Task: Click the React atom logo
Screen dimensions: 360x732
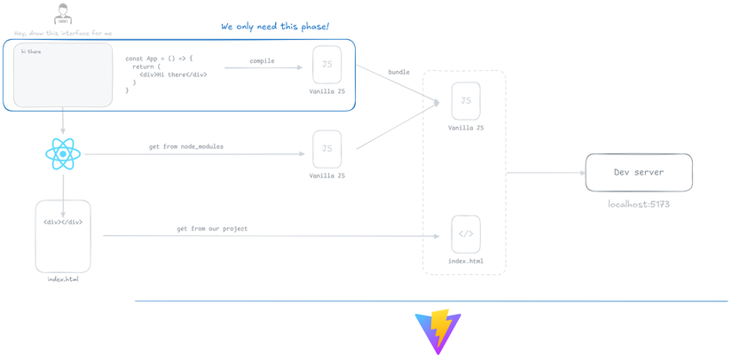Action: coord(63,154)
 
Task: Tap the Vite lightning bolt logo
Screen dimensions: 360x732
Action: coord(438,332)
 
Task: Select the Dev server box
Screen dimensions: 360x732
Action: coord(639,173)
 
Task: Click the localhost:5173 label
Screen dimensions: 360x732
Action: coord(639,205)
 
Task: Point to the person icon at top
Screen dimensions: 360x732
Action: coord(63,15)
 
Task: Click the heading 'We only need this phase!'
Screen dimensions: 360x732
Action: coord(275,27)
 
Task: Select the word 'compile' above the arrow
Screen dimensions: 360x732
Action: coord(262,61)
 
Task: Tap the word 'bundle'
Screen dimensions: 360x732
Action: coord(398,72)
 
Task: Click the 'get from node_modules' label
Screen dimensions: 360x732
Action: coord(186,146)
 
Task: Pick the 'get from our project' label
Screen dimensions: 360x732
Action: coord(212,229)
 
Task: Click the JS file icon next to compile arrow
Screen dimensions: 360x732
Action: coord(327,65)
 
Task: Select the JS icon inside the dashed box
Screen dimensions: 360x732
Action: coord(466,101)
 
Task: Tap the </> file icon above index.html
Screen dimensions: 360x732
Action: coord(466,234)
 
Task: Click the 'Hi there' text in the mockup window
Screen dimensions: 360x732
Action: coord(31,52)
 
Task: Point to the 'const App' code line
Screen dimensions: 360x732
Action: coord(159,59)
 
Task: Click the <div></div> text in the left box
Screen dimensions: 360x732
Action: coord(63,223)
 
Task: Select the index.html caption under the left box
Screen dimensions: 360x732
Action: coord(63,279)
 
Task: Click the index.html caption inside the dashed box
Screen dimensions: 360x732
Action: coord(466,262)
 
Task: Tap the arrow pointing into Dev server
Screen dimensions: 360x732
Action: coord(546,173)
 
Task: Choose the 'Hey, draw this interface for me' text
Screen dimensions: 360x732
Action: coord(63,34)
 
